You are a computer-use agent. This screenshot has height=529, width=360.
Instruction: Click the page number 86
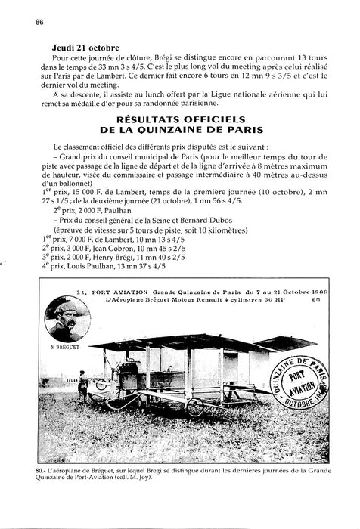pos(38,22)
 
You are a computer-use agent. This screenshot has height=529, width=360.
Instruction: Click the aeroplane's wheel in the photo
pos(194,407)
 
